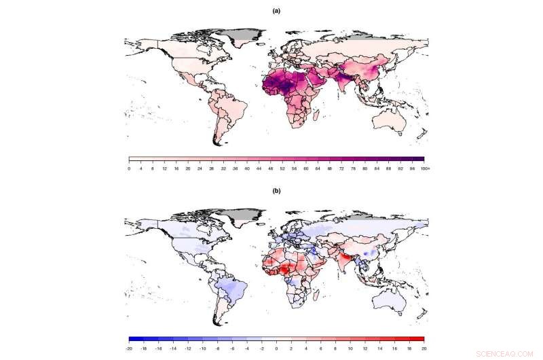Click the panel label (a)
[x=276, y=11]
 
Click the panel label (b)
[x=276, y=191]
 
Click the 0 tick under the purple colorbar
[x=129, y=168]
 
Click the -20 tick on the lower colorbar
[x=129, y=348]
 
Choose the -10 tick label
[x=203, y=348]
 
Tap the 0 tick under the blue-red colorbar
[x=276, y=348]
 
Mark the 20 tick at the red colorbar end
[x=424, y=348]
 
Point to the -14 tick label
[x=173, y=348]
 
